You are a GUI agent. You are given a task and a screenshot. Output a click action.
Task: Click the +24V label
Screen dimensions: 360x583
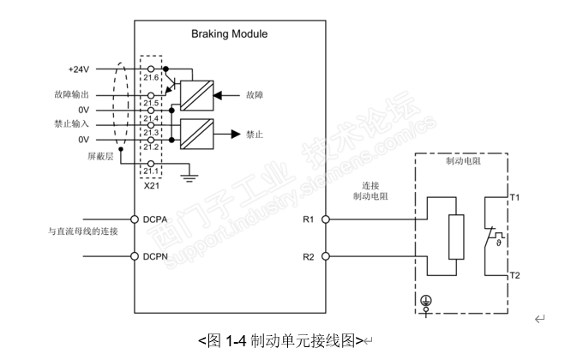click(x=79, y=68)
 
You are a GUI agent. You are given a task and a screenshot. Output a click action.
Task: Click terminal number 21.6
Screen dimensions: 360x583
click(x=151, y=76)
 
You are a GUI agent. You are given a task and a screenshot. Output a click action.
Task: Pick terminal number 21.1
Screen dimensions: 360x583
click(x=151, y=171)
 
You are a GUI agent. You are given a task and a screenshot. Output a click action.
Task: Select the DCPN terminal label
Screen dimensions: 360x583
click(x=159, y=256)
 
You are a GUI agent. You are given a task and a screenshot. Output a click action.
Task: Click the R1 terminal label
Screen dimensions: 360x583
click(x=310, y=219)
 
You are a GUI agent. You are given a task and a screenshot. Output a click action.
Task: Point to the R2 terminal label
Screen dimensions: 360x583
click(x=310, y=256)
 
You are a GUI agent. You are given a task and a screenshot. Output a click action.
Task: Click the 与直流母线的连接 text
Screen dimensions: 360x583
click(x=82, y=231)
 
